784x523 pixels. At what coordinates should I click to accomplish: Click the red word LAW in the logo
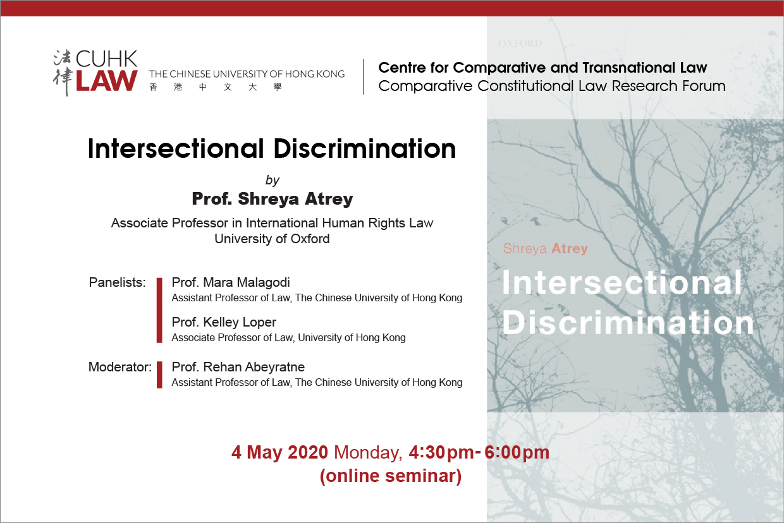point(106,81)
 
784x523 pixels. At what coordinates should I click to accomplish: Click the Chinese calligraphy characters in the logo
point(63,73)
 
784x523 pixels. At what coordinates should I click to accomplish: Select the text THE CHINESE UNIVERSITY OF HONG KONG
point(247,74)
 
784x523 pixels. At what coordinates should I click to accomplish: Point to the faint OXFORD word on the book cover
point(520,44)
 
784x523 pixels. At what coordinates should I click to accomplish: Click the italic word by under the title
point(273,180)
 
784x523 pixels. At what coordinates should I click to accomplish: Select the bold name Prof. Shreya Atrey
point(273,198)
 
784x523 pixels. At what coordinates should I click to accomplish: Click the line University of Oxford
point(272,239)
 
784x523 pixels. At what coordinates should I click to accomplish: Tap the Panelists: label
point(117,282)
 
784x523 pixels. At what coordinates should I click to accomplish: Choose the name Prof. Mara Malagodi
point(231,282)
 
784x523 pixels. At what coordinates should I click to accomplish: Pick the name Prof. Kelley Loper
point(224,322)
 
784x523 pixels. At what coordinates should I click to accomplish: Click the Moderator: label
point(120,367)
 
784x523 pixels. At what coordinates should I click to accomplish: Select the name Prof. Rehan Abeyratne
point(238,367)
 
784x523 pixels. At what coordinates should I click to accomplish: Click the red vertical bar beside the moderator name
point(159,375)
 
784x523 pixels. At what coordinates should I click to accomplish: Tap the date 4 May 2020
point(279,452)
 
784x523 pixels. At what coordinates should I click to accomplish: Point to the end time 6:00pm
point(517,452)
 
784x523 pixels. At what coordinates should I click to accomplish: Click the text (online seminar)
point(391,476)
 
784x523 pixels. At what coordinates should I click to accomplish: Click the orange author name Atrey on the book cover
point(570,249)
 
